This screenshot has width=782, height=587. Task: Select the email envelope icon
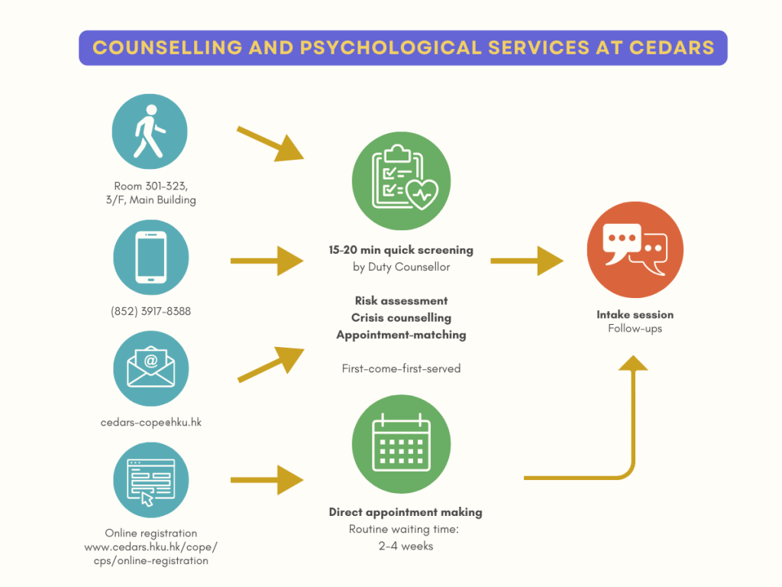150,368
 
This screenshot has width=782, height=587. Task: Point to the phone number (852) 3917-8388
151,312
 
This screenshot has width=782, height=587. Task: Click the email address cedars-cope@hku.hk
151,422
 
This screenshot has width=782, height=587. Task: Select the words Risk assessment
401,301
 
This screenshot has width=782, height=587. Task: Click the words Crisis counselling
401,318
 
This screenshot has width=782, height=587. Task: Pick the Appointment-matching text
401,335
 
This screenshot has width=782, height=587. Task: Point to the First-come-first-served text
401,368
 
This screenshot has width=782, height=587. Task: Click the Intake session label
635,314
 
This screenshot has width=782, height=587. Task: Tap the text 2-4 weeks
406,546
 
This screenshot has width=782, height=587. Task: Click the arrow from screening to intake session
526,261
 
